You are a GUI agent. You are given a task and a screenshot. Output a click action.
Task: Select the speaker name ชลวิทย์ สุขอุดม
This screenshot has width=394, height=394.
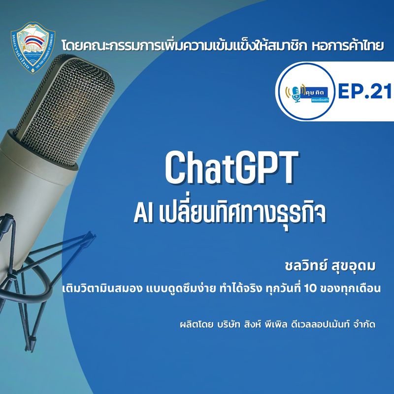[x=328, y=266]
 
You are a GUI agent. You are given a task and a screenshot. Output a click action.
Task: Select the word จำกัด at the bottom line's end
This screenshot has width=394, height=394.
[x=363, y=326]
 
